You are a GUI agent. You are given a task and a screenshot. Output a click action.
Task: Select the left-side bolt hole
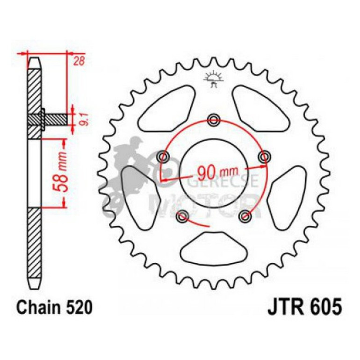point(163,155)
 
